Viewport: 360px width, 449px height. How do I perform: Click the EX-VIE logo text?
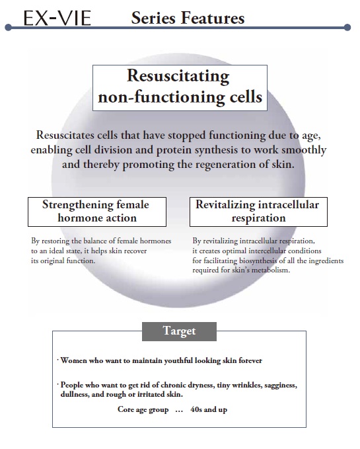click(x=57, y=18)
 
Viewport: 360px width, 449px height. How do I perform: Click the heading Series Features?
click(x=188, y=18)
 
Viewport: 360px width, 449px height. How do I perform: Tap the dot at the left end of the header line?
click(x=9, y=28)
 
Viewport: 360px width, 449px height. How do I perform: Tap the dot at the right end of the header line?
click(x=347, y=28)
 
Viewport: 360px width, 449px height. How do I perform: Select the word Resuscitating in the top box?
click(x=178, y=76)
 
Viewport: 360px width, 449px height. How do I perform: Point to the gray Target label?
click(x=179, y=331)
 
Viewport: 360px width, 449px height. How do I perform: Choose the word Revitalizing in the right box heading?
click(x=225, y=205)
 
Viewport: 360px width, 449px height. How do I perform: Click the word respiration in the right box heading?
click(x=258, y=218)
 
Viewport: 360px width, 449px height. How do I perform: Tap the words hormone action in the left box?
click(x=97, y=218)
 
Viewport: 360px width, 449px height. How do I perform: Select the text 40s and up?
click(x=209, y=409)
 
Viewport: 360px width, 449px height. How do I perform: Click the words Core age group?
click(x=143, y=410)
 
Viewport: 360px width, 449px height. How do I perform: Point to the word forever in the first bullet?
click(x=250, y=360)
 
